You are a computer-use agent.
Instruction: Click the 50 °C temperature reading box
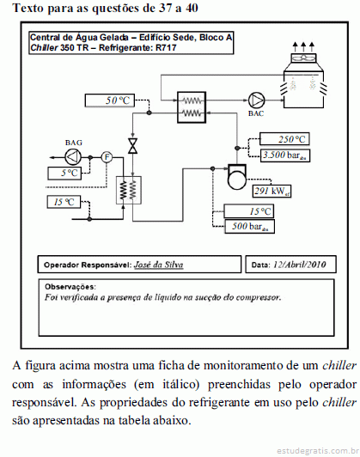(x=110, y=101)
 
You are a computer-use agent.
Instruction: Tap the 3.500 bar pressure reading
(x=284, y=155)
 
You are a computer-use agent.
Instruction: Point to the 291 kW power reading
(x=272, y=192)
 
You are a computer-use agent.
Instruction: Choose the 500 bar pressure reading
(x=249, y=227)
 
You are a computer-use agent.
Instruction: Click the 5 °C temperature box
(x=64, y=174)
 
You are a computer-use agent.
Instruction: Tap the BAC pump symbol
(x=257, y=101)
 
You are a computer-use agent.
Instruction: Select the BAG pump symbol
(x=73, y=157)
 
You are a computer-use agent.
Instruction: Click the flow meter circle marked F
(x=107, y=157)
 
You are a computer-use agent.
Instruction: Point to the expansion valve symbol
(x=132, y=146)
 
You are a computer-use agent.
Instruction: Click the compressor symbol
(x=236, y=177)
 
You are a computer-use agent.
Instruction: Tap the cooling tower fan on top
(x=303, y=58)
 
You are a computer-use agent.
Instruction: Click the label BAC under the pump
(x=256, y=113)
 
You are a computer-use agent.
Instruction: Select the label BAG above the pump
(x=73, y=143)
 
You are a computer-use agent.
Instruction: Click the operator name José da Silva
(x=159, y=265)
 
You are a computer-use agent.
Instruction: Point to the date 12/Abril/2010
(x=299, y=265)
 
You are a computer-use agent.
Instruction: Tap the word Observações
(x=70, y=287)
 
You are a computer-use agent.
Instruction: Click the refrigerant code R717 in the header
(x=166, y=47)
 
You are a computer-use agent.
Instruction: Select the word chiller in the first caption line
(x=339, y=365)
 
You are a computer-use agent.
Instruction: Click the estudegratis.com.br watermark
(x=318, y=451)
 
